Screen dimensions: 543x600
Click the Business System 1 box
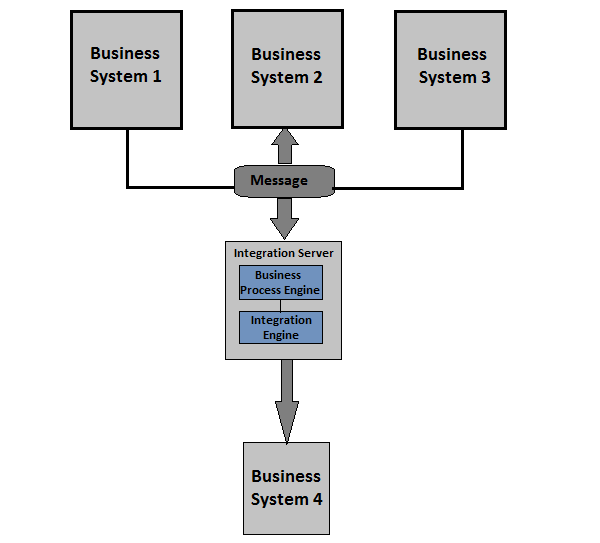click(x=126, y=69)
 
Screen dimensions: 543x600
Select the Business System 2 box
click(x=286, y=69)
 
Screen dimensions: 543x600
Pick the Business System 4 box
click(x=286, y=488)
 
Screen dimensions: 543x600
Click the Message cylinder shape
click(x=284, y=181)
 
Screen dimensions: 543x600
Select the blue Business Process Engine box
click(x=280, y=282)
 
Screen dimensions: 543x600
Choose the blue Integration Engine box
click(x=280, y=327)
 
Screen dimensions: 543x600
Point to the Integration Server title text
click(x=284, y=253)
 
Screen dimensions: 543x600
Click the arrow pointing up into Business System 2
click(x=285, y=146)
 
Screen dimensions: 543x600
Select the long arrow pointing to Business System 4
click(x=287, y=400)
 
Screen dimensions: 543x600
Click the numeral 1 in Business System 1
click(x=156, y=76)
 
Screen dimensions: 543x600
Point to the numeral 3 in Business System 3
click(x=485, y=77)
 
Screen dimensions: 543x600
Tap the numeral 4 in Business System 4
click(x=317, y=499)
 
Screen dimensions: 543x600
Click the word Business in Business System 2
click(x=286, y=54)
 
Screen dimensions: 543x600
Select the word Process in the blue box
click(x=263, y=290)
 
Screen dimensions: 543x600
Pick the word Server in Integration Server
click(x=315, y=253)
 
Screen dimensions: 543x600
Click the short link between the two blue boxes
click(x=280, y=305)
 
